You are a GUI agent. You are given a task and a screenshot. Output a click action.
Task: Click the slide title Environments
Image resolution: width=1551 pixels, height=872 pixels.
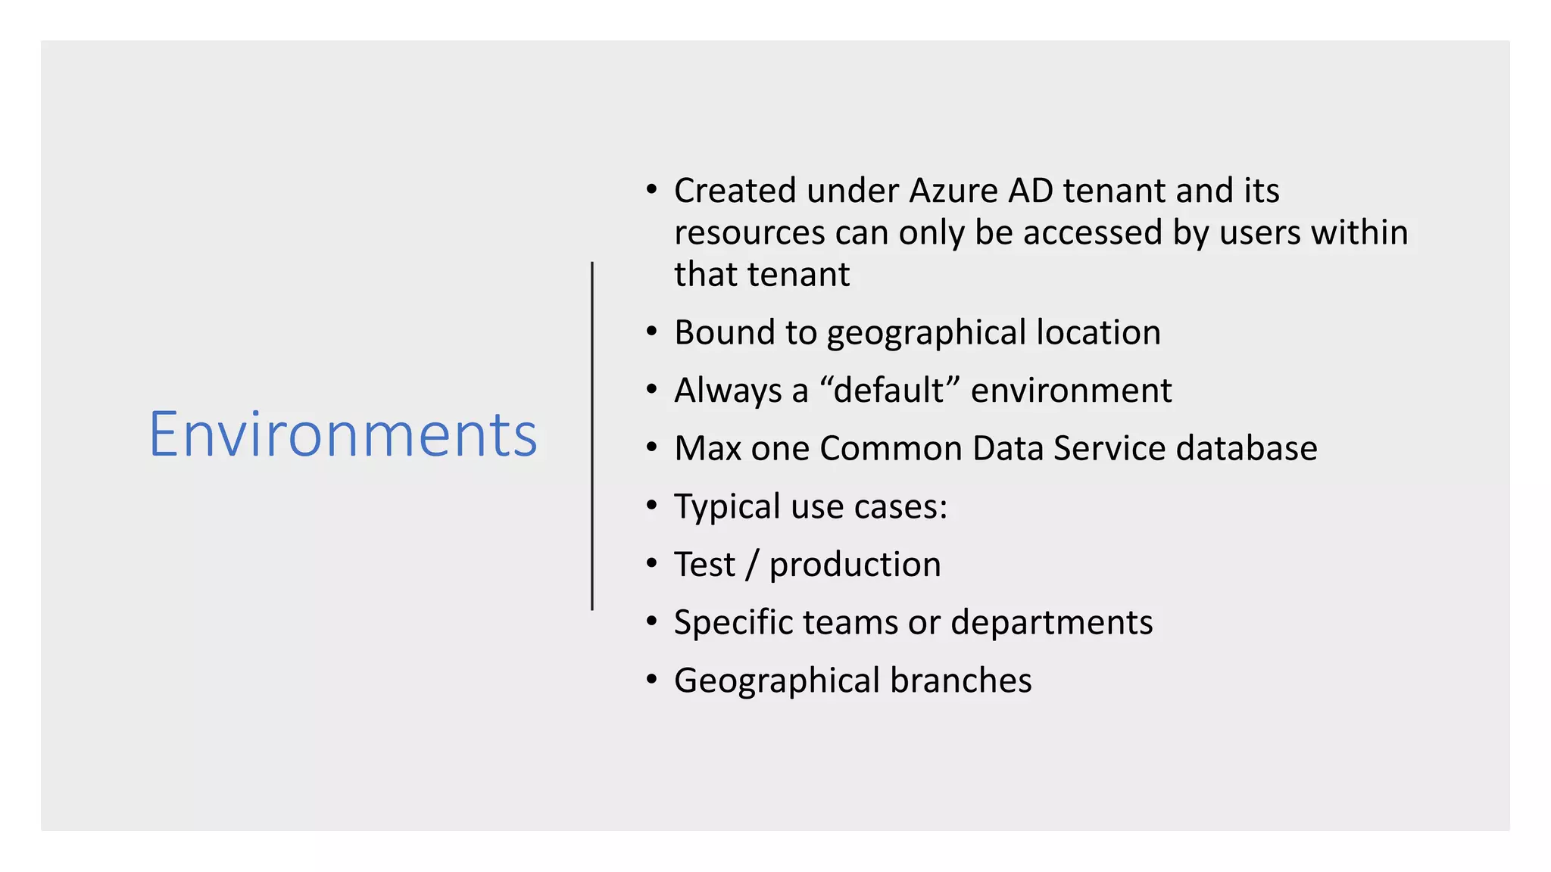[343, 434]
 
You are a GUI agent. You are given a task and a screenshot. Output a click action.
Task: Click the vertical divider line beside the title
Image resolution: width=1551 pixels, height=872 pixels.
[592, 435]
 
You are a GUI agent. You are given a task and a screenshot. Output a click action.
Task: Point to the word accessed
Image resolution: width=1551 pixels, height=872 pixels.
[1092, 233]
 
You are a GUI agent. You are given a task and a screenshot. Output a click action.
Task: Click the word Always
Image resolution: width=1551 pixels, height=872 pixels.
[728, 391]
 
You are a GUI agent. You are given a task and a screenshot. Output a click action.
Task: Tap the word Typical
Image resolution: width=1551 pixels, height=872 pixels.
[727, 507]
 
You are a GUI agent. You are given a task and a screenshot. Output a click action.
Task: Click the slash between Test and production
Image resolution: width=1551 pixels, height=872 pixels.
[751, 565]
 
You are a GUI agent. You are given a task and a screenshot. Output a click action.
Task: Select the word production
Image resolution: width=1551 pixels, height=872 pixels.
[855, 565]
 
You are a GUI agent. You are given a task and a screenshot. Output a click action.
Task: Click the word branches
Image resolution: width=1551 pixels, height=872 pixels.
[960, 680]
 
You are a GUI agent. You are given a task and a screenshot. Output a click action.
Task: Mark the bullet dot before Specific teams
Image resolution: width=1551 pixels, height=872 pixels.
[652, 621]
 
